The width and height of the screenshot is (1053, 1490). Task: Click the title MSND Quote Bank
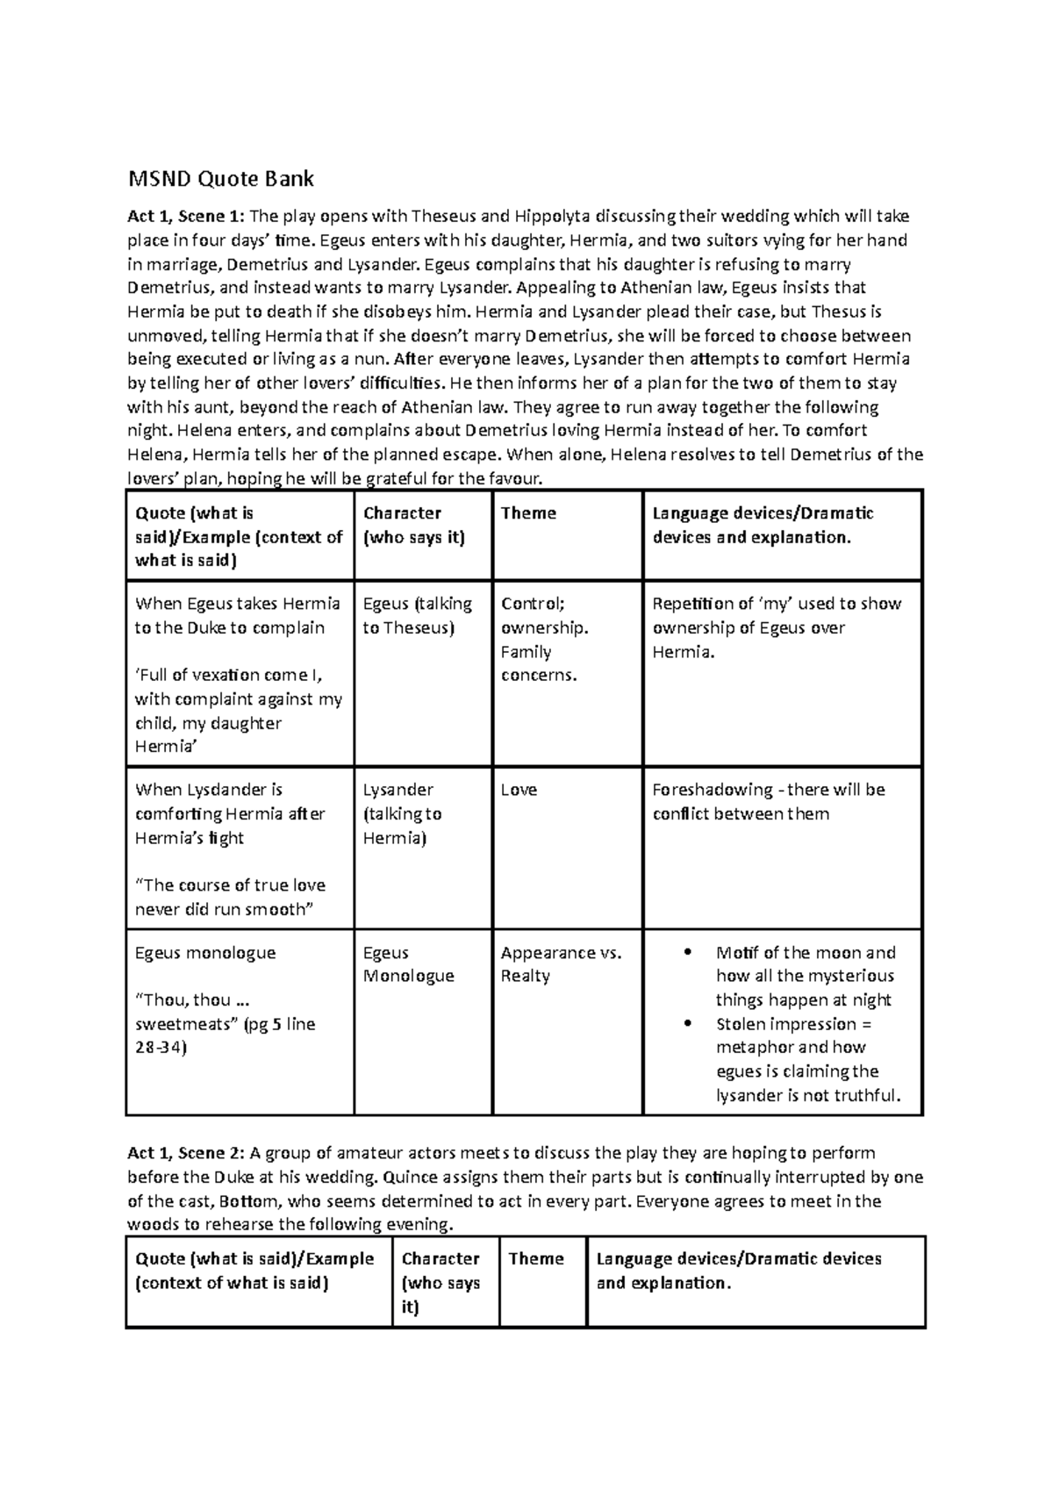(x=221, y=180)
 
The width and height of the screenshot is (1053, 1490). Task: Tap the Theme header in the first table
(x=528, y=513)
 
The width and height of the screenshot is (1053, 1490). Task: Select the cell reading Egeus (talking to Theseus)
(x=417, y=615)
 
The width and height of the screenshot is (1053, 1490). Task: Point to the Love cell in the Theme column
(x=519, y=790)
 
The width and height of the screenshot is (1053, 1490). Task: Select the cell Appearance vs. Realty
(x=561, y=964)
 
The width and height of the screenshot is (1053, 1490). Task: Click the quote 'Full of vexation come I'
(x=229, y=675)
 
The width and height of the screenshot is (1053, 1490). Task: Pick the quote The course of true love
(x=230, y=885)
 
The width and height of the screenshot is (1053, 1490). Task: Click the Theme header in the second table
(x=535, y=1259)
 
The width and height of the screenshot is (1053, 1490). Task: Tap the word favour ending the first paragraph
(x=514, y=478)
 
